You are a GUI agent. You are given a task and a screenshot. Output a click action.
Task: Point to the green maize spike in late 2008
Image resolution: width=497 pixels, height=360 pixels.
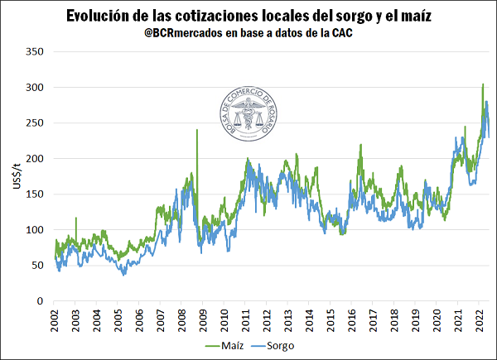click(x=196, y=131)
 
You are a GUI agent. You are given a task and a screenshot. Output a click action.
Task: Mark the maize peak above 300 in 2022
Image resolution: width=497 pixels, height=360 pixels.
click(x=483, y=84)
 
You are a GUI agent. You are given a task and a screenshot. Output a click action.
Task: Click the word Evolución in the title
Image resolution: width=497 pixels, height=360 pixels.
click(x=98, y=17)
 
